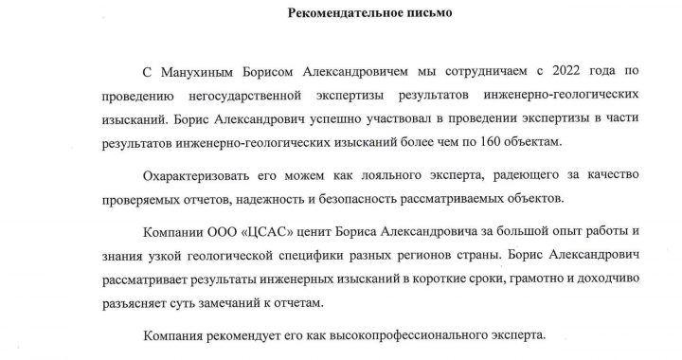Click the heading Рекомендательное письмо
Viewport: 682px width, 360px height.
point(340,13)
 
